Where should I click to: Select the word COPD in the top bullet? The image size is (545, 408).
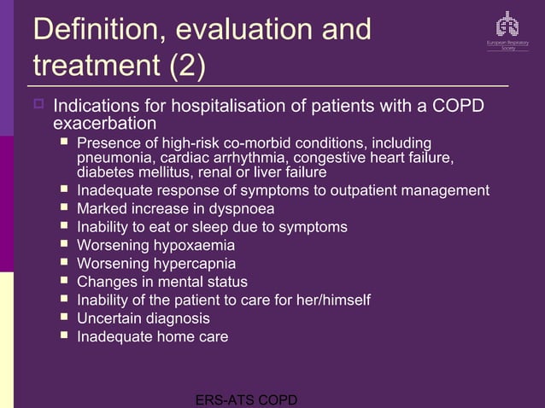pos(459,107)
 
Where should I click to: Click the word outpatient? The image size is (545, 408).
pos(355,189)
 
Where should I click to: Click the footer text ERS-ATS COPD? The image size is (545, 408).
pos(246,399)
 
